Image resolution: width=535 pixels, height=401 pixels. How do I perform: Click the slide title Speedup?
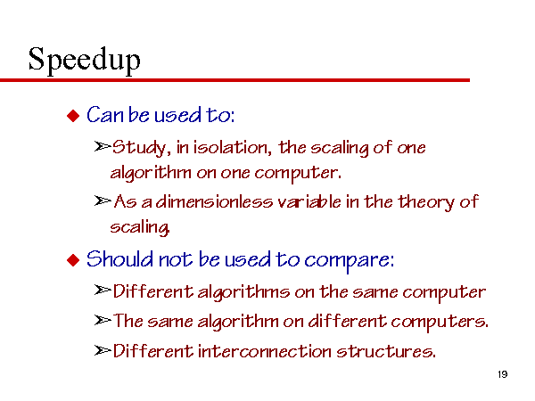point(84,61)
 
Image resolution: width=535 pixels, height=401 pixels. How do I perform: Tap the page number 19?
point(503,374)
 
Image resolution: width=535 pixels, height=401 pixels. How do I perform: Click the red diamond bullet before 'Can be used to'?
point(73,116)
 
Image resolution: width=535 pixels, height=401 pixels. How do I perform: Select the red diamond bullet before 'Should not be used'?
point(73,260)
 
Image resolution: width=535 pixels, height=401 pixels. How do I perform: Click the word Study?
point(141,148)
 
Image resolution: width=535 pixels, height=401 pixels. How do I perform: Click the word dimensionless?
point(214,201)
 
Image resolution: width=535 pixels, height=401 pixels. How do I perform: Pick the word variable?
point(309,201)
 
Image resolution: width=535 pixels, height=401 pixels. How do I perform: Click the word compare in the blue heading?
point(349,260)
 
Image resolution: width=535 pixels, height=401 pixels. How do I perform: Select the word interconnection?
point(265,351)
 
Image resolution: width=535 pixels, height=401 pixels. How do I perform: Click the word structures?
point(386,351)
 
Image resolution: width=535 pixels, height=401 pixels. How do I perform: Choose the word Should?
point(119,258)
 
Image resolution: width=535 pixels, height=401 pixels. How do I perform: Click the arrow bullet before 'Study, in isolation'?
point(103,147)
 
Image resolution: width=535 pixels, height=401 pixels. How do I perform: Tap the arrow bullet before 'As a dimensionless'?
point(103,200)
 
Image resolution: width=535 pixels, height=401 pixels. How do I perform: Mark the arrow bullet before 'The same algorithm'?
point(103,320)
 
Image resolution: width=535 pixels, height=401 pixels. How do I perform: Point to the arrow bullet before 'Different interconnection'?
point(103,350)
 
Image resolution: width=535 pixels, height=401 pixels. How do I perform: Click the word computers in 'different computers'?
point(440,323)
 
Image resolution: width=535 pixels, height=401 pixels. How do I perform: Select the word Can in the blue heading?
point(104,114)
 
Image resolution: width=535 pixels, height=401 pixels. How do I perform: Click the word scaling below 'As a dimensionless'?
point(140,227)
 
